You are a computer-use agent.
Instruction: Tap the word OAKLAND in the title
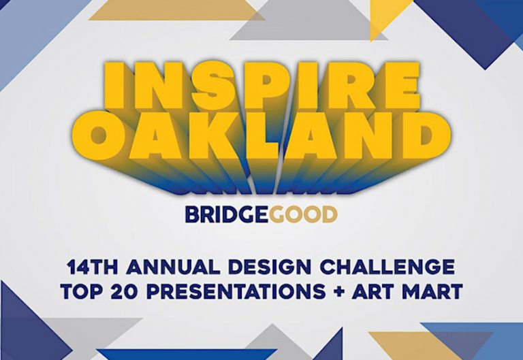262,136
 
